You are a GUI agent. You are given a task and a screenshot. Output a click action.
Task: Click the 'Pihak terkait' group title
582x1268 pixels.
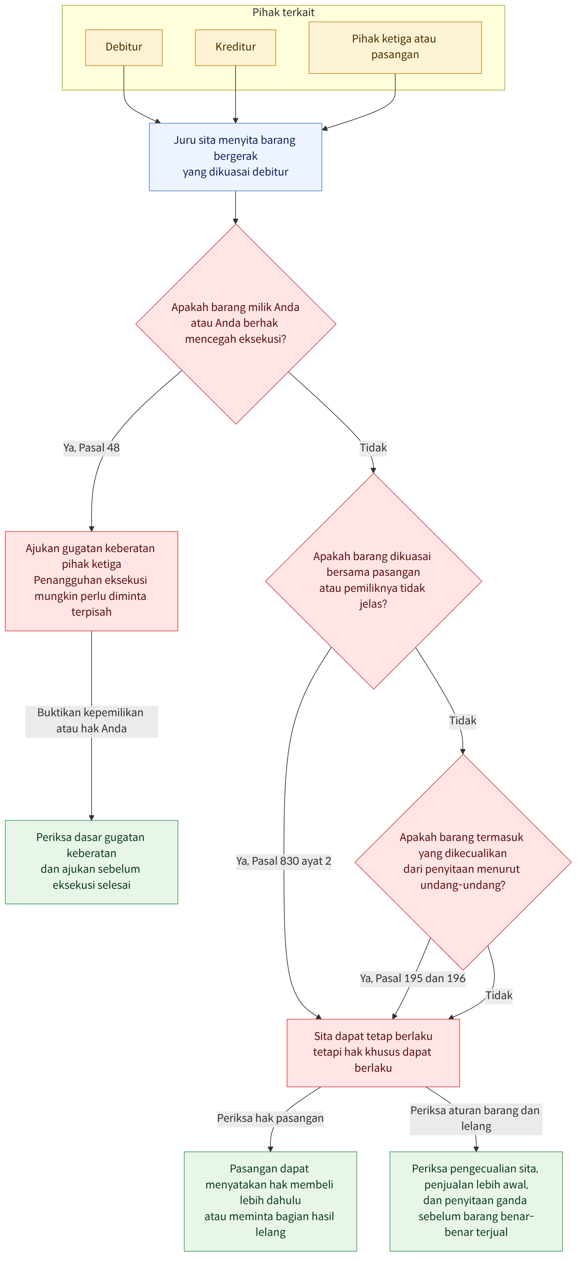[283, 12]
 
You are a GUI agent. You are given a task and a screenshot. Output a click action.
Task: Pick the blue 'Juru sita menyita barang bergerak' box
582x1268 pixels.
[235, 156]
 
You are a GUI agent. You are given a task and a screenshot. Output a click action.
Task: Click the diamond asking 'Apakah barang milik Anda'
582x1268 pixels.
[235, 324]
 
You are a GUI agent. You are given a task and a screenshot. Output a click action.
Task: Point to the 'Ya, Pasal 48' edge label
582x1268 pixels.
[92, 447]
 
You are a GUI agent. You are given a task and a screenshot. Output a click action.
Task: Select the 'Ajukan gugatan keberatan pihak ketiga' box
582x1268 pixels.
[92, 581]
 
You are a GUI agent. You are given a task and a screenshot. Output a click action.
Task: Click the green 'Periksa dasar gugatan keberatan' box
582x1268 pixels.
[92, 861]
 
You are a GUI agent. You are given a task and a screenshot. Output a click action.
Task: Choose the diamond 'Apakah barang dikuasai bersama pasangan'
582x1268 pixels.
[373, 581]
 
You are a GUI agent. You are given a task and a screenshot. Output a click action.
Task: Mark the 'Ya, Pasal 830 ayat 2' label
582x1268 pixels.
[284, 861]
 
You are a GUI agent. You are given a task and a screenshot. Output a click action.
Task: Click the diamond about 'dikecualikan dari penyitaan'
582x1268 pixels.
[463, 862]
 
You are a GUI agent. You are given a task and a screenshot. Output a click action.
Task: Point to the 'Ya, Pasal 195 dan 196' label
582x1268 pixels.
[413, 978]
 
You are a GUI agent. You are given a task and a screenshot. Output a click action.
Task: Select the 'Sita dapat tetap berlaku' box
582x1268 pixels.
[373, 1052]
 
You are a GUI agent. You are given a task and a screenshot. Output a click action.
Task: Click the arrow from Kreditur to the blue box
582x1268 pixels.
[235, 94]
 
